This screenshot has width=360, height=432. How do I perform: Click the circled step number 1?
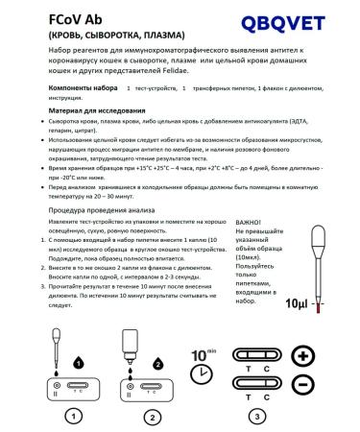(69, 416)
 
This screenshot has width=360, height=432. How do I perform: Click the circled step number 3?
(255, 416)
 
